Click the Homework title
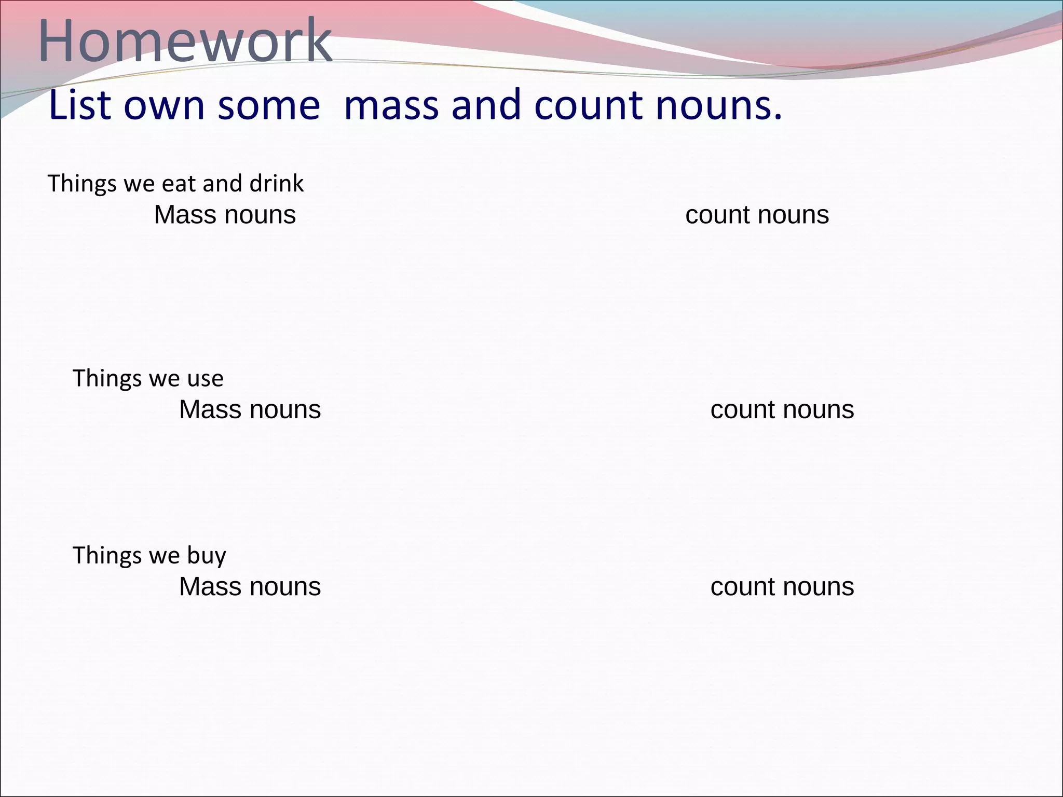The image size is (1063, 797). point(185,40)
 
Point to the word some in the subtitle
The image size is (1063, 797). point(268,105)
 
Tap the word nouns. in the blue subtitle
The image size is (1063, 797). point(718,105)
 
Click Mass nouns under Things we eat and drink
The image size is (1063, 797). point(225,215)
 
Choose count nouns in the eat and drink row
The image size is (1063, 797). point(757,215)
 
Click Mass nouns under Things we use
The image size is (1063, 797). point(250,410)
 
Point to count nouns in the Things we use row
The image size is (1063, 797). point(782,410)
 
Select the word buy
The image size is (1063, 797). point(207,556)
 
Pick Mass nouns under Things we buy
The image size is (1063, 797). point(250,587)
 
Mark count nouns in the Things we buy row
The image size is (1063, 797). point(782,587)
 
